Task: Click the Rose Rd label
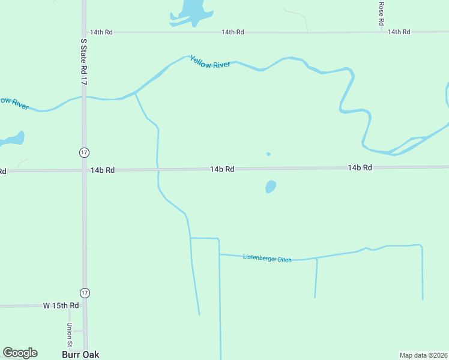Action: point(381,13)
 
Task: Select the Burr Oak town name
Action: point(80,355)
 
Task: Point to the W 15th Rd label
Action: point(61,305)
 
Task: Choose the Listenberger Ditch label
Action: point(267,258)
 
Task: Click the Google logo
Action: point(20,353)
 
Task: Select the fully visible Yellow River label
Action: point(209,62)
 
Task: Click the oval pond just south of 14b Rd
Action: point(271,187)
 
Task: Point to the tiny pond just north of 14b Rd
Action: point(268,154)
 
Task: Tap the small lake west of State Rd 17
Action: point(13,140)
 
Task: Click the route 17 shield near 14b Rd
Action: point(85,152)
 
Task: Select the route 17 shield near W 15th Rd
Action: point(85,293)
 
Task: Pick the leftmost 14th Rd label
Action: point(101,32)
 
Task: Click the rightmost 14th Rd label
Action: point(399,32)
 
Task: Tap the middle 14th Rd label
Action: point(232,32)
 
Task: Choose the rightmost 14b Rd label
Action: point(360,167)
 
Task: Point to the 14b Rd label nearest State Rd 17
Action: point(103,170)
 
